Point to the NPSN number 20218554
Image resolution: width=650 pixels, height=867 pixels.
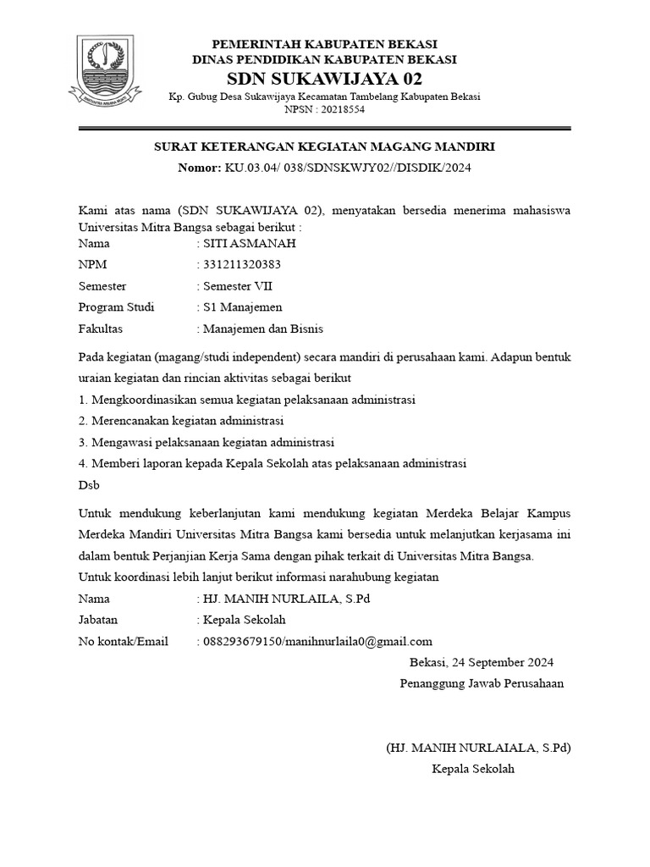point(339,109)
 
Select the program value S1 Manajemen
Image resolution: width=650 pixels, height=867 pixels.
point(242,307)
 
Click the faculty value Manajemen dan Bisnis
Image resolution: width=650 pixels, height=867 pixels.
point(262,329)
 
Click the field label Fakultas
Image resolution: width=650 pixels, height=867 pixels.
point(100,329)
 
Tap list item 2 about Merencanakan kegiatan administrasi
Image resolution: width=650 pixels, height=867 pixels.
point(180,421)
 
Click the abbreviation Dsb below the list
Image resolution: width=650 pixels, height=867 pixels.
point(88,485)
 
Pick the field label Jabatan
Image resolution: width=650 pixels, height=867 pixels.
point(98,620)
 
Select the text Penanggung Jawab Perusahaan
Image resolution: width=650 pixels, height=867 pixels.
point(482,683)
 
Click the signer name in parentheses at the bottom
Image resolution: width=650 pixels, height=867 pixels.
point(478,748)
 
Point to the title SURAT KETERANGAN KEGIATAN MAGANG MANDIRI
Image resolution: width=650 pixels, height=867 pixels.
point(324,146)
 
